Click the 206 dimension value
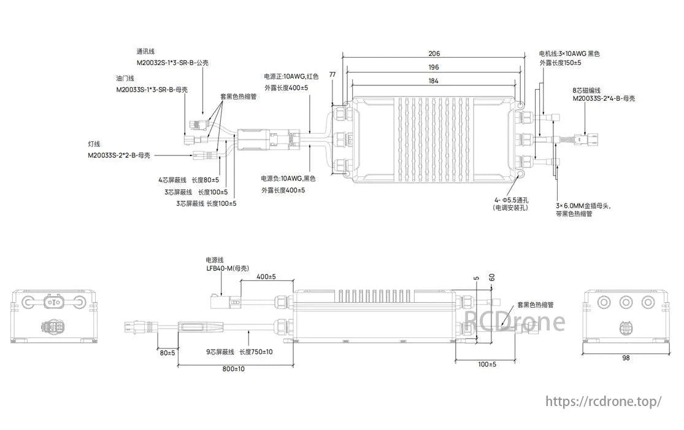pyautogui.click(x=434, y=54)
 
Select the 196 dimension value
pyautogui.click(x=434, y=68)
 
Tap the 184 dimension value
pyautogui.click(x=434, y=82)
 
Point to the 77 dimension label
pyautogui.click(x=332, y=74)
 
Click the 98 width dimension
pyautogui.click(x=625, y=358)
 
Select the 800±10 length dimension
pyautogui.click(x=233, y=369)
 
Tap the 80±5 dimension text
pyautogui.click(x=167, y=353)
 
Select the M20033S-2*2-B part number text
pyautogui.click(x=118, y=155)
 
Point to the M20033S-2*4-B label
pyautogui.click(x=604, y=98)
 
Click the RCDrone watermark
pyautogui.click(x=515, y=320)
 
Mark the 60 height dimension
pyautogui.click(x=491, y=278)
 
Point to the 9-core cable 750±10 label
pyautogui.click(x=240, y=352)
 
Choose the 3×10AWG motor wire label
pyautogui.click(x=569, y=54)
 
